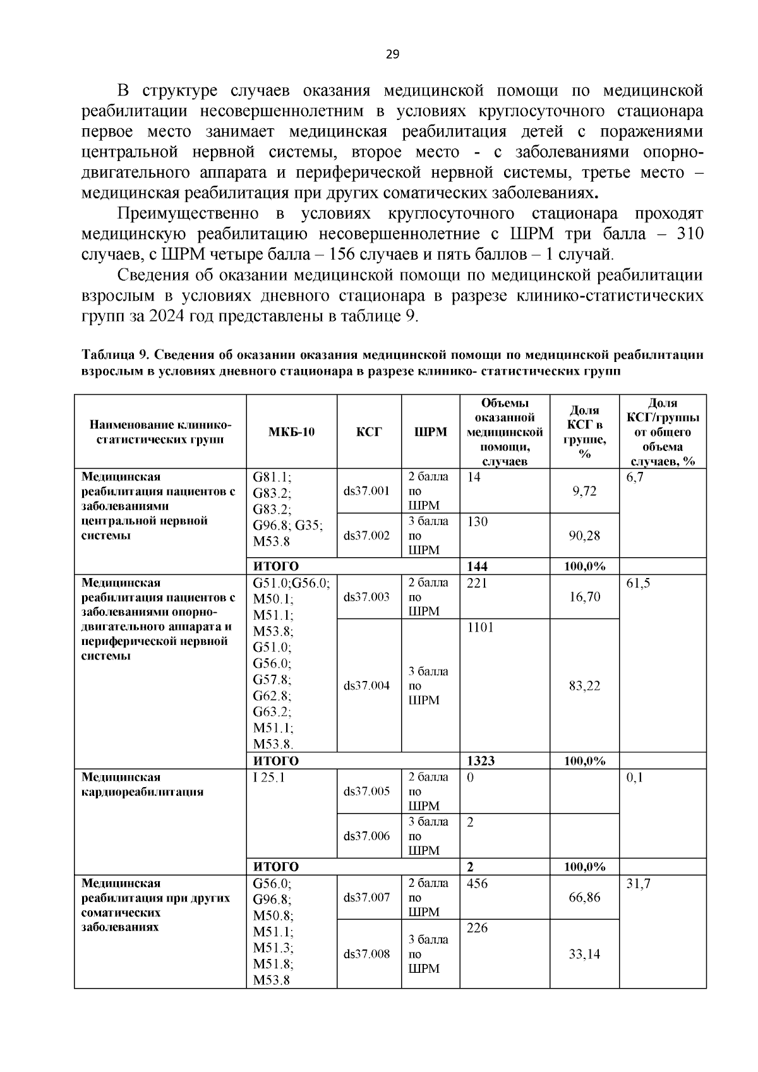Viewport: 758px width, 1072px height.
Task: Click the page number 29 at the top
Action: click(392, 54)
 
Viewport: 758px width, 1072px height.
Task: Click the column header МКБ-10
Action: click(291, 432)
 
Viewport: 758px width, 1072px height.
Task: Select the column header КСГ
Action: click(369, 432)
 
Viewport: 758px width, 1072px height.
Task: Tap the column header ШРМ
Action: click(430, 432)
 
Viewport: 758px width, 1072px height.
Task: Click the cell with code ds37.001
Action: click(366, 491)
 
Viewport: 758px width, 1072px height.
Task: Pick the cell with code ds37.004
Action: click(366, 685)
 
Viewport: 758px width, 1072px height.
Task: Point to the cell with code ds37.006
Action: click(366, 836)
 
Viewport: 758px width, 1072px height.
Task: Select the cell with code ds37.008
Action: click(366, 954)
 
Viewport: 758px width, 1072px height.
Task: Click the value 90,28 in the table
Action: click(584, 536)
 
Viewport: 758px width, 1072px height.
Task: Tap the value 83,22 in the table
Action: click(584, 685)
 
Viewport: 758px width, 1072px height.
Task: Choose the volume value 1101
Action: click(480, 627)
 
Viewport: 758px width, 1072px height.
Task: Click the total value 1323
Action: click(480, 761)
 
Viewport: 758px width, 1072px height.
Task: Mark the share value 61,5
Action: click(637, 583)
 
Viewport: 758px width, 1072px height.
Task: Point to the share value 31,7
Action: click(638, 884)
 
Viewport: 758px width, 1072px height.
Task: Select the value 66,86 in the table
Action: click(584, 898)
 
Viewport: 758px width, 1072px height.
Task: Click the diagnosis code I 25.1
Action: click(269, 778)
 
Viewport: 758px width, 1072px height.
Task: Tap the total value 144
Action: click(477, 566)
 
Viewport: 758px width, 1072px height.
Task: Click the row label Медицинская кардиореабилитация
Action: click(142, 785)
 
